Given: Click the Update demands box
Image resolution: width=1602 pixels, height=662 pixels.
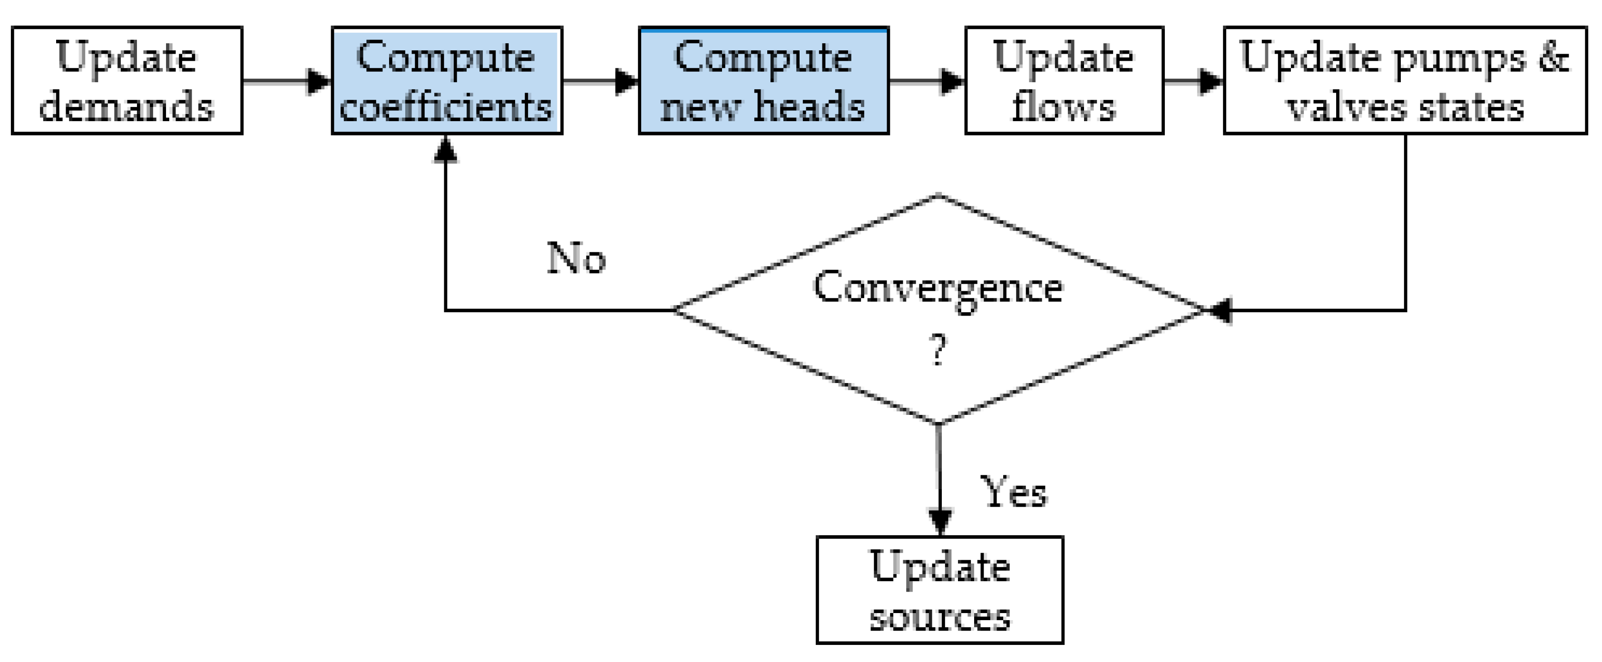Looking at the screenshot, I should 127,80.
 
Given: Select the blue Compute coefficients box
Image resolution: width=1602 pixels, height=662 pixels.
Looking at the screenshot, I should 447,80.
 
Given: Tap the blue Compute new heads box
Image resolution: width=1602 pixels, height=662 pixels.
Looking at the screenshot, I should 763,80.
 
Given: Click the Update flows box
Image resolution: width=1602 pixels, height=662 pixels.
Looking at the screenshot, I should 1064,80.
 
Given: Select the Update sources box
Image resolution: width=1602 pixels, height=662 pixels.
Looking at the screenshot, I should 939,589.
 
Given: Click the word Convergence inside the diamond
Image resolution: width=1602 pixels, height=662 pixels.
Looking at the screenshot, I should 938,288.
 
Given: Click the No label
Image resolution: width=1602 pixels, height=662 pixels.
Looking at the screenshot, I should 576,258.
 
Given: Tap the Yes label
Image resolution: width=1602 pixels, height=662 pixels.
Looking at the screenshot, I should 1013,492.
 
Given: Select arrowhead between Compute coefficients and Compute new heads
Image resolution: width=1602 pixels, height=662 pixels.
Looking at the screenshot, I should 626,81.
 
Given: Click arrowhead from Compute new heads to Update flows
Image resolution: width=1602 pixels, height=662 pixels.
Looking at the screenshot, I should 953,81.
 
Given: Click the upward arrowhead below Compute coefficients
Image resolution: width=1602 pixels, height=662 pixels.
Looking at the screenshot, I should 445,149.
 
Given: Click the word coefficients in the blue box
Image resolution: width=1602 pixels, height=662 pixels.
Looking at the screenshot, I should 445,107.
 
